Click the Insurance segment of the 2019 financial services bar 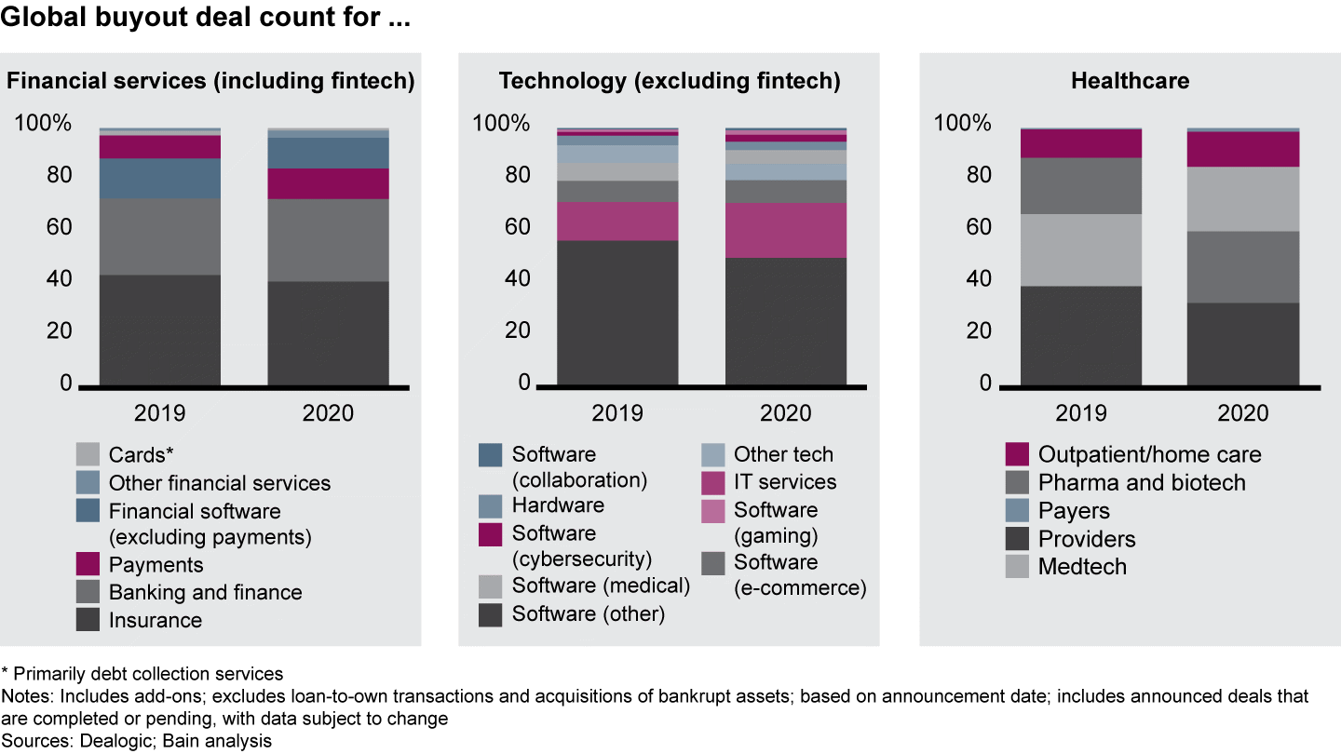point(160,330)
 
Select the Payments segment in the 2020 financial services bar point(328,183)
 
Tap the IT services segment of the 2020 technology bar point(786,230)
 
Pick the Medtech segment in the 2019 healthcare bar point(1081,249)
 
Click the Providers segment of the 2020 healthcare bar point(1242,343)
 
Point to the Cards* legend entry point(141,455)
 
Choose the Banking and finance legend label point(205,592)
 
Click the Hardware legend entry point(558,505)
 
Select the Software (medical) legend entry point(601,586)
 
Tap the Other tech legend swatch point(712,455)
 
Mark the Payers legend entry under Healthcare point(1074,511)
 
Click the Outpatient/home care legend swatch point(1017,455)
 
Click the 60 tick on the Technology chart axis point(516,227)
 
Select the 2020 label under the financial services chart point(328,413)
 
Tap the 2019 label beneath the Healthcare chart point(1081,413)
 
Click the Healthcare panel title point(1130,81)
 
